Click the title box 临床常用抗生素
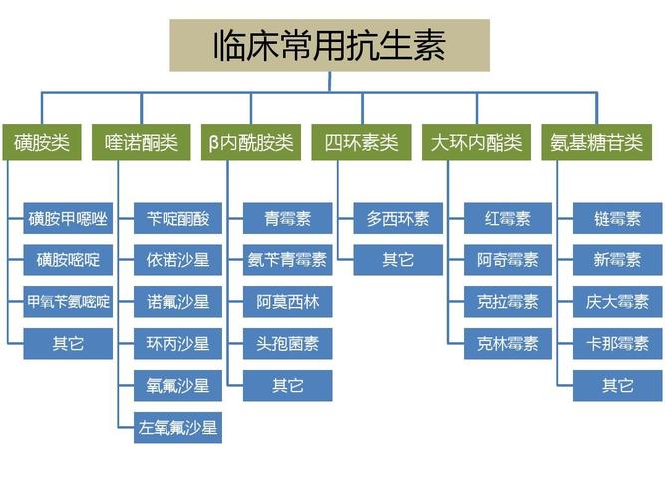click(x=329, y=45)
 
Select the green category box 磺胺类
click(x=41, y=143)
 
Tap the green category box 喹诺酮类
click(x=142, y=143)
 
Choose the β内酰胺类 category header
click(x=251, y=143)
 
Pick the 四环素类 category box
click(x=361, y=143)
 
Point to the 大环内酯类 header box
click(x=476, y=143)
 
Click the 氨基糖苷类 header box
click(x=597, y=143)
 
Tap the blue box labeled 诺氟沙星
click(x=177, y=302)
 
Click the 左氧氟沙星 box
click(x=177, y=428)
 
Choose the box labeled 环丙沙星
click(x=177, y=344)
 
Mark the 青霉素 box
click(x=287, y=219)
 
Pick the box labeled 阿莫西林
click(x=287, y=302)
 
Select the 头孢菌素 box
click(x=287, y=344)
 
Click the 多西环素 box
click(x=397, y=219)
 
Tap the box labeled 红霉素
click(x=507, y=219)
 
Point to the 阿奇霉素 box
click(x=507, y=260)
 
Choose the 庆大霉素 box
click(x=617, y=302)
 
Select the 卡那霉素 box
click(x=617, y=344)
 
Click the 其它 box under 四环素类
click(x=397, y=260)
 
